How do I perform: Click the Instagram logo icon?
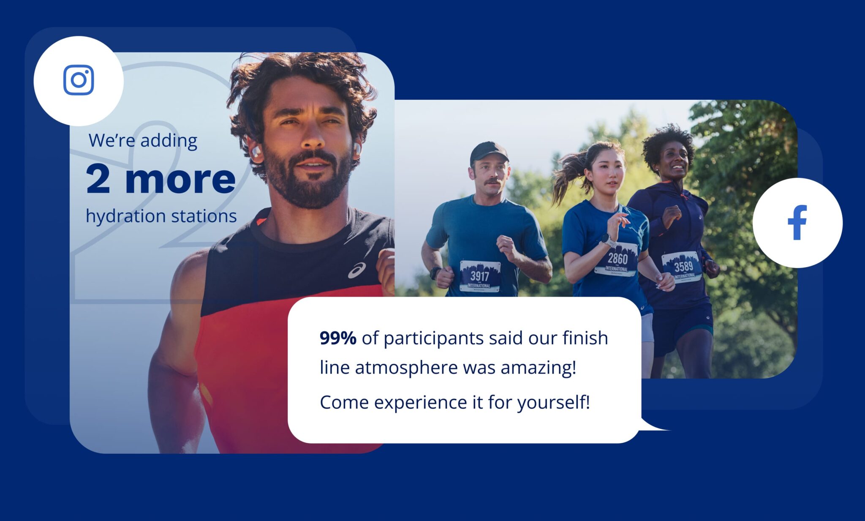[79, 80]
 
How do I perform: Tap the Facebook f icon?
[797, 223]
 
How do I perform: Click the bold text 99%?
[338, 338]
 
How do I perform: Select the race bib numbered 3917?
[480, 276]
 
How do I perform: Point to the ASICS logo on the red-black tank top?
[357, 270]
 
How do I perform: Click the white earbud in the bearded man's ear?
[256, 151]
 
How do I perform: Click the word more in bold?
[180, 180]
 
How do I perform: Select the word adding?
[169, 141]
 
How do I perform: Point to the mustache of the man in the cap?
[492, 181]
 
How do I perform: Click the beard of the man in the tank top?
[307, 186]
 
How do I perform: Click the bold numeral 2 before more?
[98, 179]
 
